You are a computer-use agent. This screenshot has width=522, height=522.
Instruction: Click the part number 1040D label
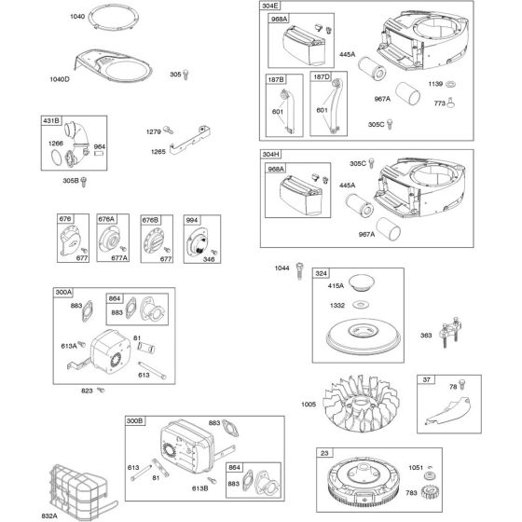tap(60, 79)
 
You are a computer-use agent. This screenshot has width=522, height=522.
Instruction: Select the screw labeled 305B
tap(84, 182)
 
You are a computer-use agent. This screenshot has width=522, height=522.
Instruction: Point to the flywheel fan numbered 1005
tap(362, 404)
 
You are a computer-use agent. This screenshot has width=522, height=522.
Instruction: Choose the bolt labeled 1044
tap(299, 270)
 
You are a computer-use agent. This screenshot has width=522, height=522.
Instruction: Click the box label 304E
tap(270, 6)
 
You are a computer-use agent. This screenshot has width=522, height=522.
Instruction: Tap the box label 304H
tap(271, 154)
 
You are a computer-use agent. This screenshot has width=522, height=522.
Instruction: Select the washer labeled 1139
tap(450, 84)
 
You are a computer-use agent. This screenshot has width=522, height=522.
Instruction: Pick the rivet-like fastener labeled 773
tap(451, 103)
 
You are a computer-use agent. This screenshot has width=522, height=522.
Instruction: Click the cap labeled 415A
tap(362, 282)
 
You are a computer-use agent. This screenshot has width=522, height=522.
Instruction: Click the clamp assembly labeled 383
tap(449, 331)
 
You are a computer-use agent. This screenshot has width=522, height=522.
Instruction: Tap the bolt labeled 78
tap(461, 384)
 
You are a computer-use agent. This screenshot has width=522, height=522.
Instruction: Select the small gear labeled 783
tap(430, 492)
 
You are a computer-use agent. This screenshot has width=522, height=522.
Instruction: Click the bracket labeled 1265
tap(190, 141)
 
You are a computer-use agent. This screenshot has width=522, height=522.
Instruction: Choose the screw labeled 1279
tap(169, 130)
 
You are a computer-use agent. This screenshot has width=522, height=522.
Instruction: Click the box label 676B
tap(150, 220)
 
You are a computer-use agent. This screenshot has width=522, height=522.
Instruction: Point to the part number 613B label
tap(200, 488)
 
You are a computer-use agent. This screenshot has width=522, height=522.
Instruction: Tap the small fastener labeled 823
tap(101, 390)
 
